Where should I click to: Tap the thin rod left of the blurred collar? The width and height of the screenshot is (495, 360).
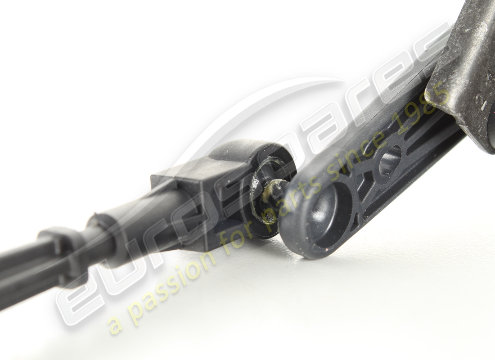point(22,270)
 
